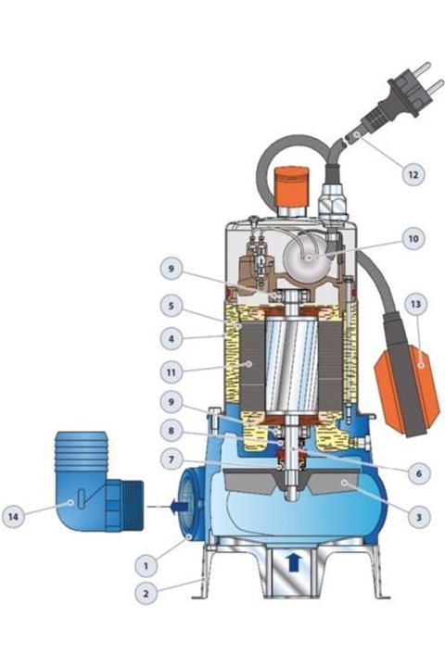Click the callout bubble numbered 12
(413, 174)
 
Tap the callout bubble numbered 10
(413, 238)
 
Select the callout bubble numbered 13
(415, 304)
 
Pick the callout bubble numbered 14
(13, 516)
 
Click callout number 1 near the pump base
(146, 565)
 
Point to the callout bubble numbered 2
(146, 594)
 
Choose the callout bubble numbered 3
(419, 517)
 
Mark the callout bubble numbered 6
(419, 473)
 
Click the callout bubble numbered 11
(172, 372)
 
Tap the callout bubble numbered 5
(172, 306)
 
